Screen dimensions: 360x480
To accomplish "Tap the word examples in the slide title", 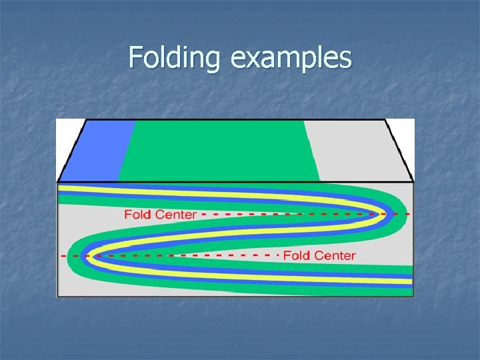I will (291, 58).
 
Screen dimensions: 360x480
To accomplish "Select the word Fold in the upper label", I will (138, 215).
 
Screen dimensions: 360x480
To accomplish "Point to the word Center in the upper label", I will (175, 215).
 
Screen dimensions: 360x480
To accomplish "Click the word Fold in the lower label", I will (297, 255).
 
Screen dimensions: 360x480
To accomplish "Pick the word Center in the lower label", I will (335, 255).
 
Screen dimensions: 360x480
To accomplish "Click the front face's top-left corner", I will (58, 183).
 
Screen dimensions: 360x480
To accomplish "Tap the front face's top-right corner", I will (413, 183).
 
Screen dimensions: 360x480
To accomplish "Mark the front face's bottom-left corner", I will (58, 296).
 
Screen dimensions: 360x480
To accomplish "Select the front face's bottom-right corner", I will (413, 296).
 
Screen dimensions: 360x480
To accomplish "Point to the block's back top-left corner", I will (85, 120).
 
